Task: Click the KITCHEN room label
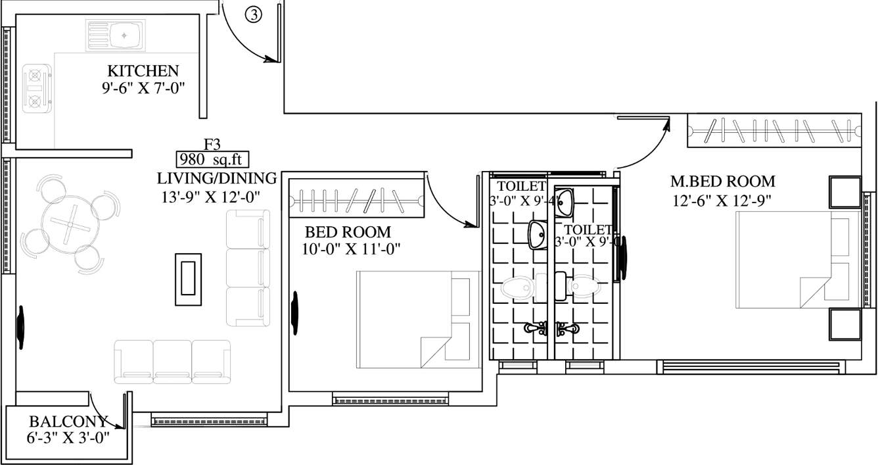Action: click(x=143, y=70)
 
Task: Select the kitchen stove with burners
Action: click(x=35, y=87)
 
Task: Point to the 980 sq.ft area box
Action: click(x=212, y=160)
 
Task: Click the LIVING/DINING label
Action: click(x=217, y=178)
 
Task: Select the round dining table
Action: click(x=69, y=224)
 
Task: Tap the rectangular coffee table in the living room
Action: click(x=188, y=279)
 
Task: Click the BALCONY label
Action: click(x=68, y=422)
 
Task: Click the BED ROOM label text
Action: click(x=348, y=232)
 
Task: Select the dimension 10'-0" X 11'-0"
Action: click(x=353, y=249)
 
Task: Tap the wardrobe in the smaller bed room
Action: click(x=356, y=198)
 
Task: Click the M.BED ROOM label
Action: click(x=722, y=181)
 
